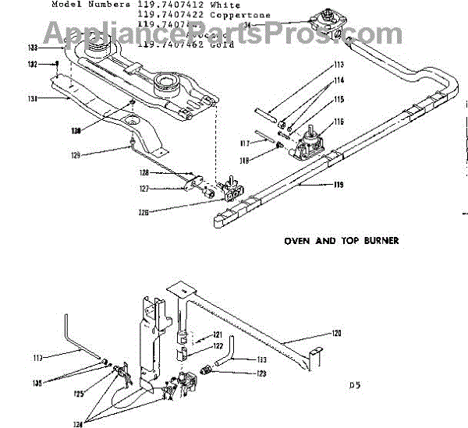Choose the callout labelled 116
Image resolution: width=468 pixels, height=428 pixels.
(339, 122)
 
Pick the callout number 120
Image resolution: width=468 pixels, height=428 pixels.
(336, 333)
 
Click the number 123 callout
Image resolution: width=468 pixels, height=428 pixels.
(261, 373)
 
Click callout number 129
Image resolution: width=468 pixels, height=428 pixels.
(76, 155)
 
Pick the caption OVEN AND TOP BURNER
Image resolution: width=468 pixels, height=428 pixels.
(342, 241)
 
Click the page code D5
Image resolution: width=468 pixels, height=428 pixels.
(356, 384)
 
